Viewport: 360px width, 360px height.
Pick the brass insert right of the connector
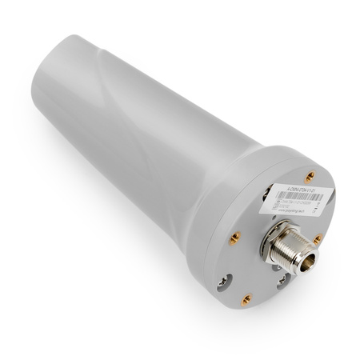(x=318, y=238)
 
